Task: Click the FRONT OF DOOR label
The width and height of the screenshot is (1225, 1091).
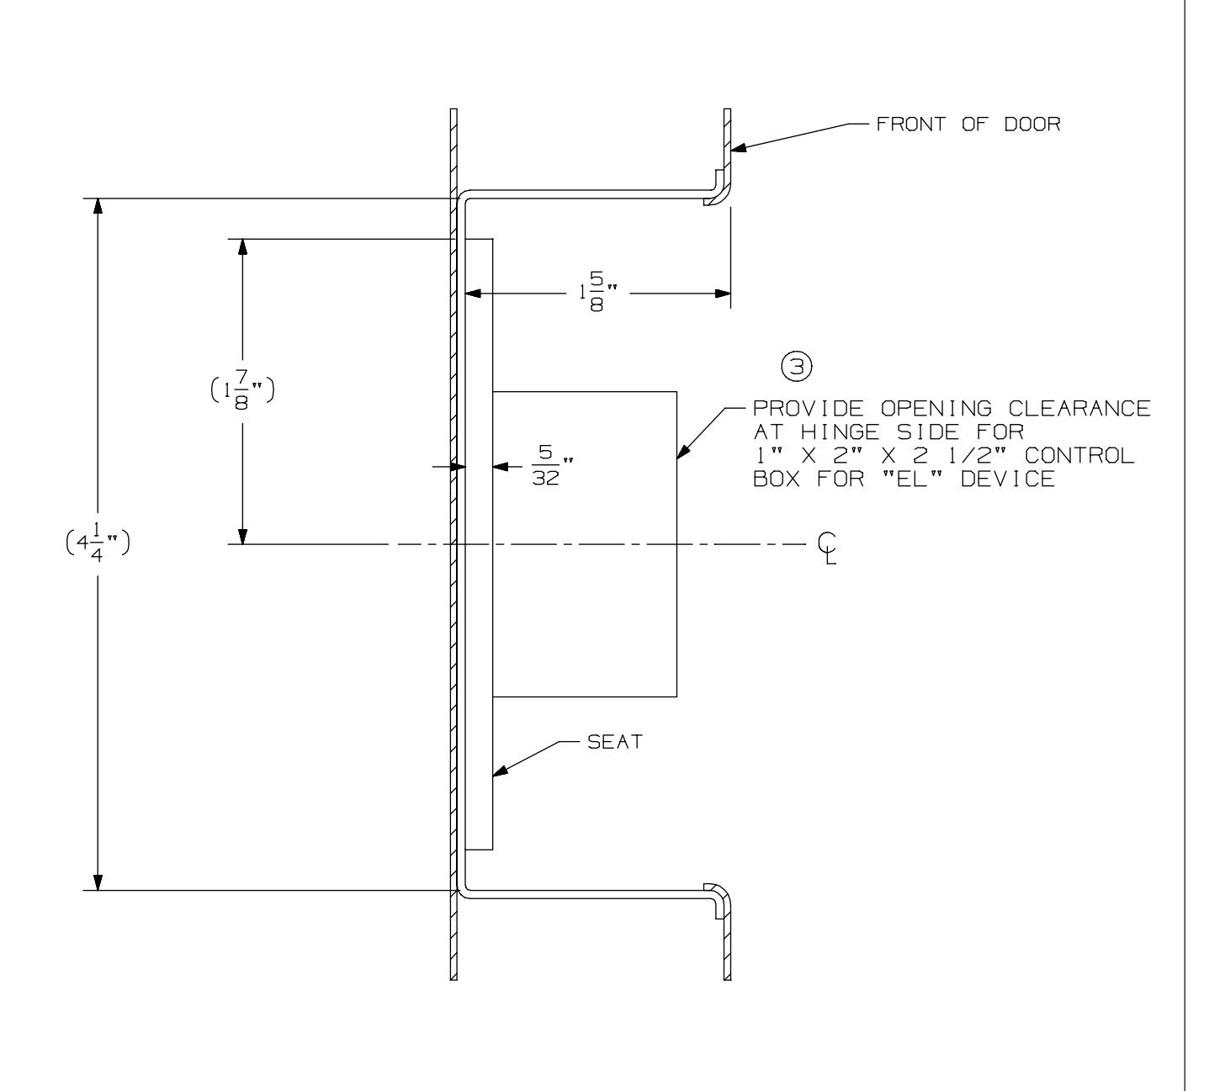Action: pyautogui.click(x=968, y=124)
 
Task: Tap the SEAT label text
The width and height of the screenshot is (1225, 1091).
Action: pyautogui.click(x=614, y=744)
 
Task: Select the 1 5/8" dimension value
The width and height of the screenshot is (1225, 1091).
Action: pyautogui.click(x=597, y=294)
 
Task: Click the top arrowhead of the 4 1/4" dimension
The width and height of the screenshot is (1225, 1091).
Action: pyautogui.click(x=98, y=207)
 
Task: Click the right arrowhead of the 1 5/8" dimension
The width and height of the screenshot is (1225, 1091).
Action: pyautogui.click(x=721, y=294)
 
